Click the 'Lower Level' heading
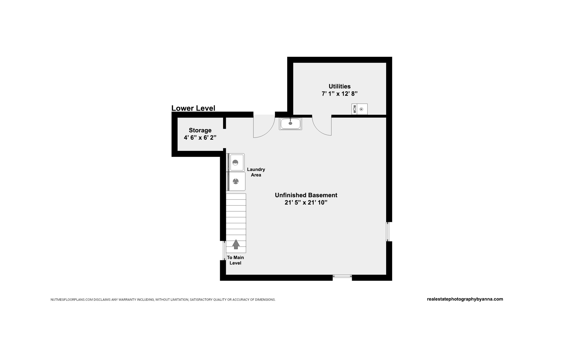tap(193, 108)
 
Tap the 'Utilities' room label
tap(340, 86)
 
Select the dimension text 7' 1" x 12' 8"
tap(340, 94)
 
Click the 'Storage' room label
tap(200, 131)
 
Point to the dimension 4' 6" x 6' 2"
tap(200, 138)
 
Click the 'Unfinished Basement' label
tap(306, 195)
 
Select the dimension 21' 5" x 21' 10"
tap(306, 203)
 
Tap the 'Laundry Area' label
tap(256, 172)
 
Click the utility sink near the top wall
tap(290, 124)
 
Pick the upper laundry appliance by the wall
tap(236, 162)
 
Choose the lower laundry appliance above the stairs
tap(236, 181)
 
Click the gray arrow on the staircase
tap(236, 244)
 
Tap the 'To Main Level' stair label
tap(235, 260)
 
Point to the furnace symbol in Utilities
tap(359, 109)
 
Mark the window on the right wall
tap(388, 232)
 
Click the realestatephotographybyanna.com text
tap(465, 299)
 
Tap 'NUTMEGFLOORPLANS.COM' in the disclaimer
tap(71, 300)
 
